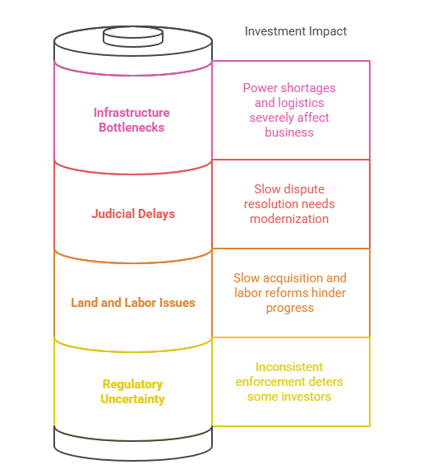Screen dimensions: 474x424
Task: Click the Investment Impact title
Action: [x=296, y=31]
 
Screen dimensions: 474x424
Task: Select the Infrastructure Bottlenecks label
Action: [x=131, y=120]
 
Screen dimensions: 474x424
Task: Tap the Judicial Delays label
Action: [x=133, y=214]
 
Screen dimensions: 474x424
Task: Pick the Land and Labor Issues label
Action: [x=133, y=303]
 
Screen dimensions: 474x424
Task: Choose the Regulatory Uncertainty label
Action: [x=133, y=392]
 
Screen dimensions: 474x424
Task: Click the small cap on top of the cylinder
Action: [x=132, y=36]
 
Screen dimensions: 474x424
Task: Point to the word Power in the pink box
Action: [x=259, y=88]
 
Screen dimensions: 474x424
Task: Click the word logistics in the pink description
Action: [x=301, y=103]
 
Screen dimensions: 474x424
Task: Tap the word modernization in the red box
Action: [x=289, y=219]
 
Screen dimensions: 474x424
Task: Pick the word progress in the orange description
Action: [x=289, y=308]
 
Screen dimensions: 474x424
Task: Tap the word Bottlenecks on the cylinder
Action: [x=131, y=128]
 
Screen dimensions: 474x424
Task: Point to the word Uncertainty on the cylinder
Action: [x=133, y=399]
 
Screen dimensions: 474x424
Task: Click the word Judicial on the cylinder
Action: [x=113, y=214]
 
